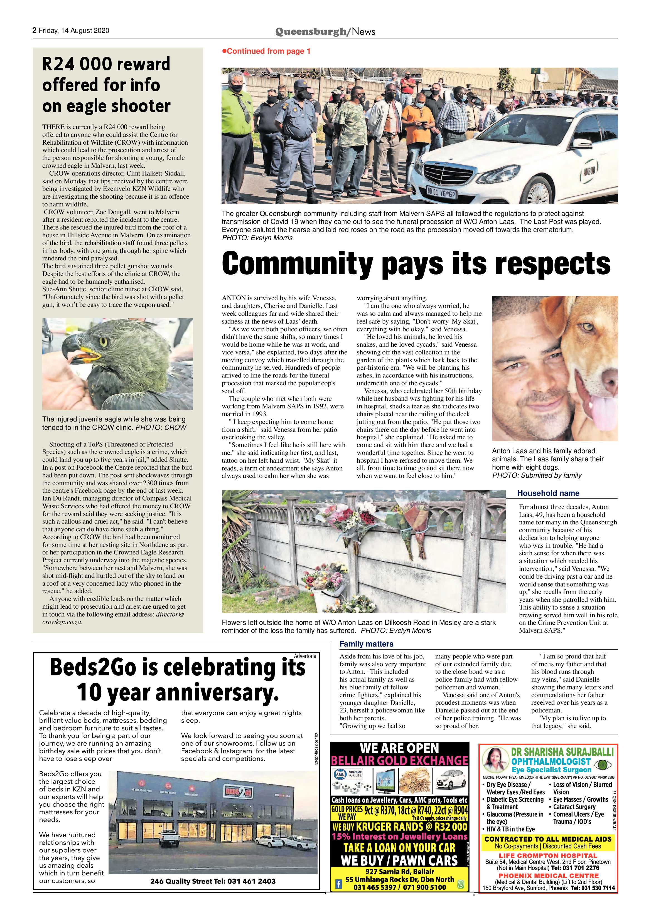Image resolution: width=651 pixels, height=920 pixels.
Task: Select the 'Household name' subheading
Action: pos(548,493)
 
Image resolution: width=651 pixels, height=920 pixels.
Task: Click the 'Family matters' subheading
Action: pos(366,644)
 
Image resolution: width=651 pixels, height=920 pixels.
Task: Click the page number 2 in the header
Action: pos(35,30)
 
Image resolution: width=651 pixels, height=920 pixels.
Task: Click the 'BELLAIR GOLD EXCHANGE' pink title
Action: pos(399,761)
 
